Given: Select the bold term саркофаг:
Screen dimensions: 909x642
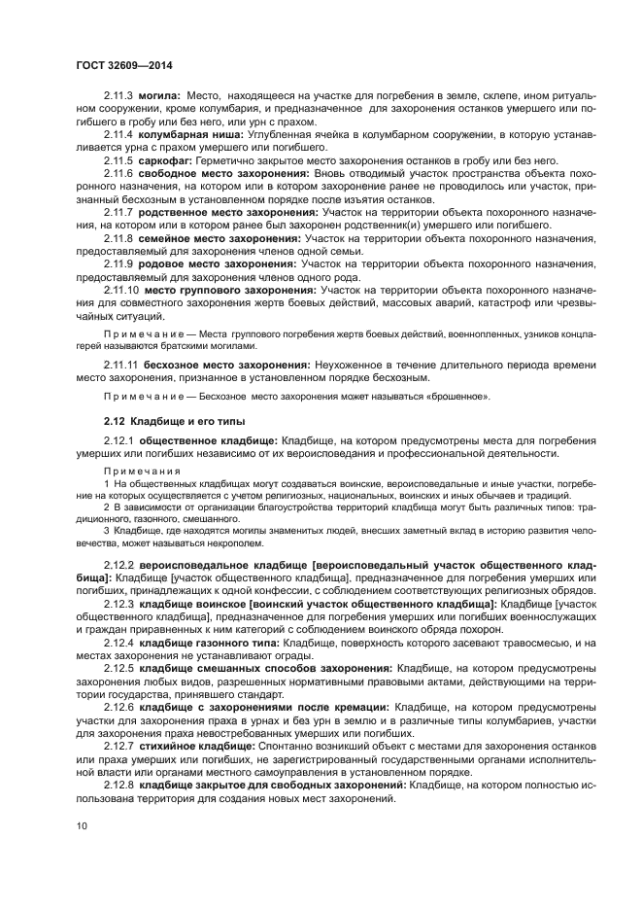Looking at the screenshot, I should pyautogui.click(x=165, y=160).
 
